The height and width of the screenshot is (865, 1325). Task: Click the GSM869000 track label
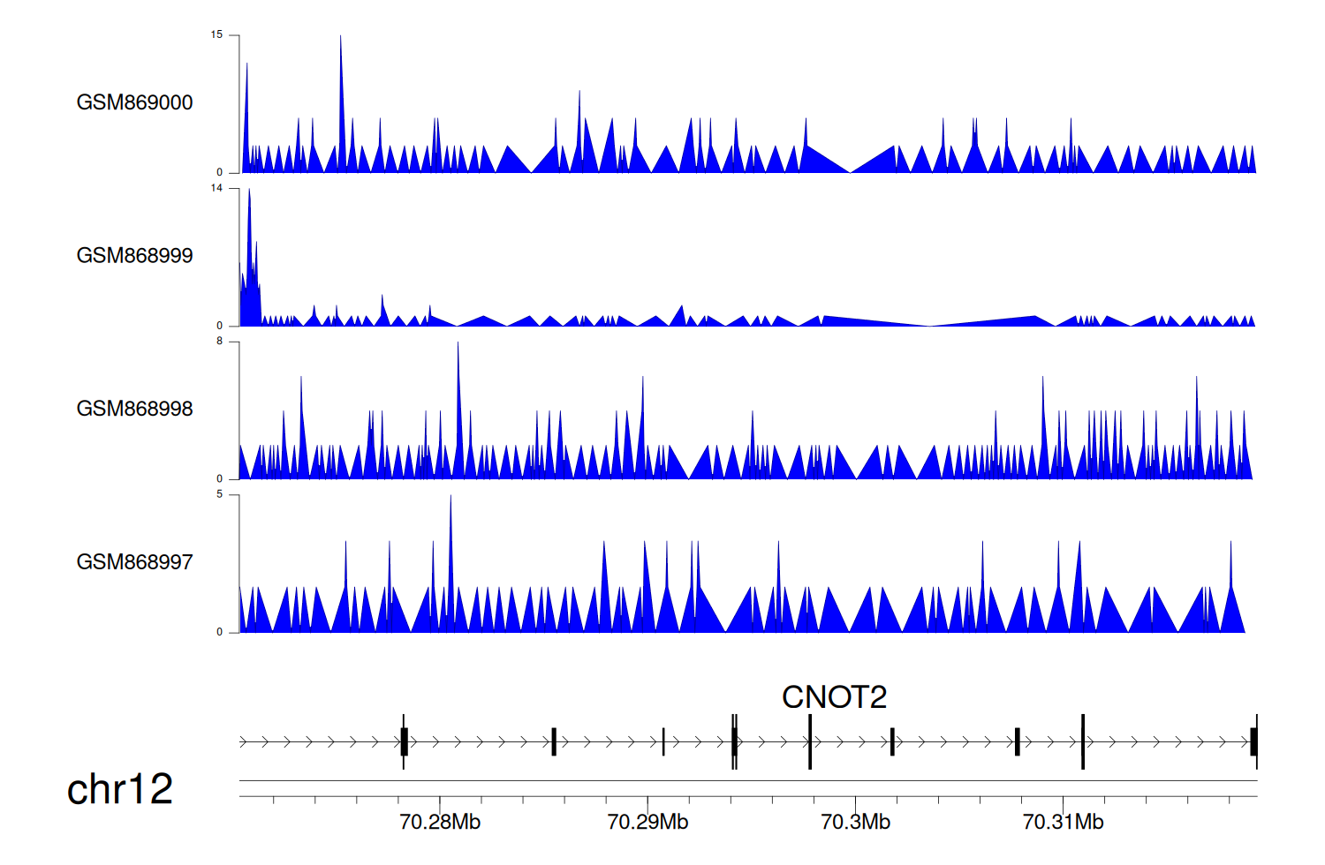pyautogui.click(x=134, y=102)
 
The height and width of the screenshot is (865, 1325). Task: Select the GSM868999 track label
pyautogui.click(x=134, y=256)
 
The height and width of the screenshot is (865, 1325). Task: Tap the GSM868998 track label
pyautogui.click(x=134, y=409)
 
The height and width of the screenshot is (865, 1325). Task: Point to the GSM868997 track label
pyautogui.click(x=134, y=562)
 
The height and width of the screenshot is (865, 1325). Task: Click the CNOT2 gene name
pyautogui.click(x=834, y=697)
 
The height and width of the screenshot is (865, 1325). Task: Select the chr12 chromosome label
pyautogui.click(x=120, y=789)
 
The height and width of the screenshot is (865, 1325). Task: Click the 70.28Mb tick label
pyautogui.click(x=440, y=823)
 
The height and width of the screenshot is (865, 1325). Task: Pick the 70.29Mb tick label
pyautogui.click(x=647, y=823)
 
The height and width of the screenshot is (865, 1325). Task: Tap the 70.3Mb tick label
pyautogui.click(x=855, y=823)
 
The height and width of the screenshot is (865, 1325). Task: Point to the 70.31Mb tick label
pyautogui.click(x=1063, y=823)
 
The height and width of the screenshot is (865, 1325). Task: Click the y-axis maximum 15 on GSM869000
pyautogui.click(x=216, y=35)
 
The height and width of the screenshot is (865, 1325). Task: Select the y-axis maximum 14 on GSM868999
pyautogui.click(x=216, y=188)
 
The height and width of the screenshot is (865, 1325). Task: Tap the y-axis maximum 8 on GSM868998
pyautogui.click(x=220, y=342)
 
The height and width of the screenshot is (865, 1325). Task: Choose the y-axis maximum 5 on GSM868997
pyautogui.click(x=220, y=494)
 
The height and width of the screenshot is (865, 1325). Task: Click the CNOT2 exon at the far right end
pyautogui.click(x=1253, y=741)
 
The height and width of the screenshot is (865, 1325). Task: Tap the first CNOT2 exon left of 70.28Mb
pyautogui.click(x=404, y=741)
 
